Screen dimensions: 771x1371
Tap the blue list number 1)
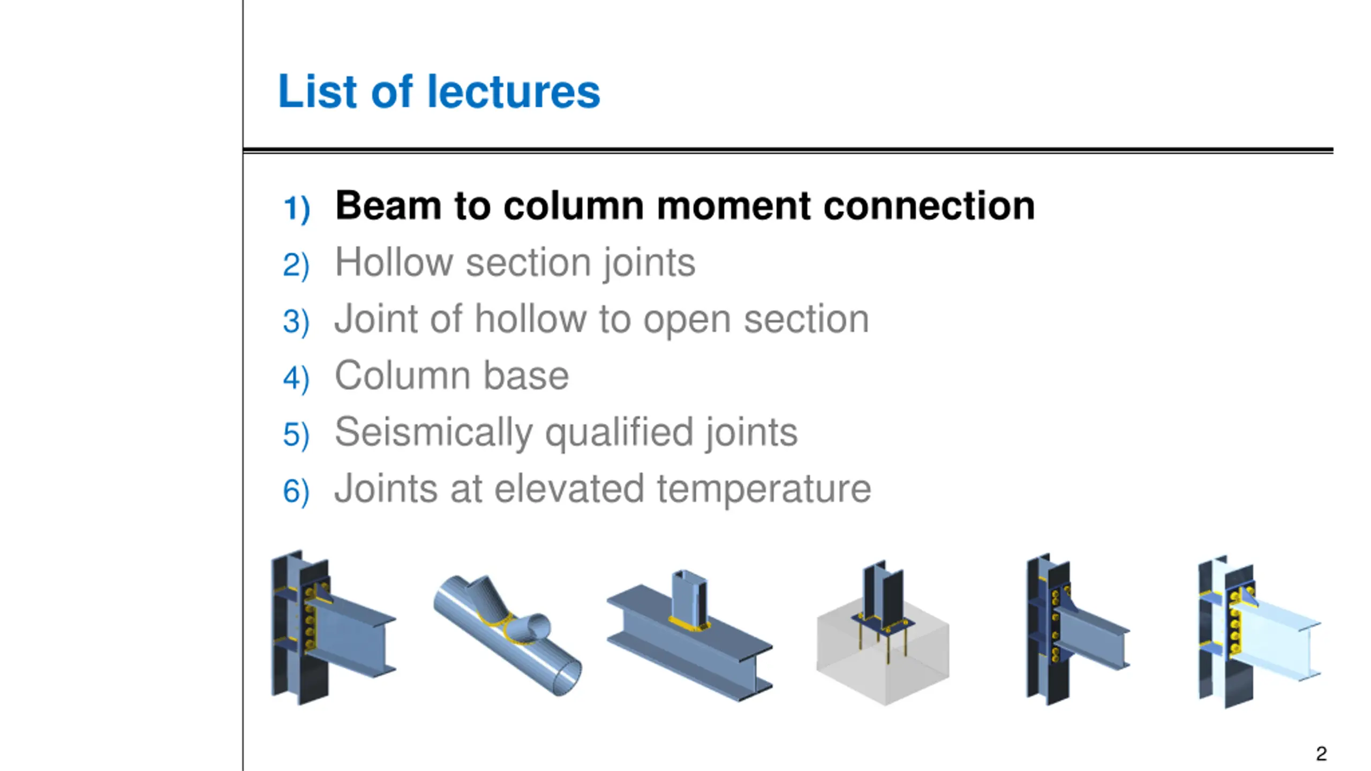coord(296,208)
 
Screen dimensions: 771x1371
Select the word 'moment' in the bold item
coord(733,206)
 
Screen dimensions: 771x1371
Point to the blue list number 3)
coord(296,322)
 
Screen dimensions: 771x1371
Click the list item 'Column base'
coord(451,376)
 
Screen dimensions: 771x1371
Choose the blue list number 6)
coord(296,491)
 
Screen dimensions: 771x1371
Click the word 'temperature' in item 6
coord(764,489)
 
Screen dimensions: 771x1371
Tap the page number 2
coord(1321,754)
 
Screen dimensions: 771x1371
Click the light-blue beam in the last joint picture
coord(1280,642)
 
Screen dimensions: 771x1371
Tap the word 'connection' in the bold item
coord(929,206)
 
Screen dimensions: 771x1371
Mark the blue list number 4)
coord(296,378)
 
